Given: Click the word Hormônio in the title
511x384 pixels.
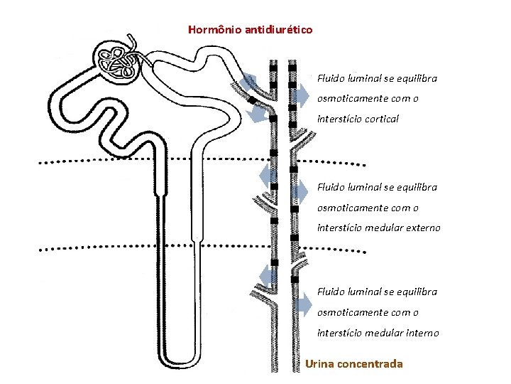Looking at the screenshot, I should (x=214, y=30).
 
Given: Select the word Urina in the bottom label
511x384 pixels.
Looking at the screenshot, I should (x=321, y=364).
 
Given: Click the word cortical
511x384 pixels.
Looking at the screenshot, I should (x=382, y=119).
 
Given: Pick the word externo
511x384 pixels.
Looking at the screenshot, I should (x=423, y=228).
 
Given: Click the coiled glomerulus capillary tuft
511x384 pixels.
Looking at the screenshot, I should (x=118, y=63).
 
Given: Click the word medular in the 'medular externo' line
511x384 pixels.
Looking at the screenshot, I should (x=387, y=228).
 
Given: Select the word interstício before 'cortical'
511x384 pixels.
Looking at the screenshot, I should (x=339, y=119).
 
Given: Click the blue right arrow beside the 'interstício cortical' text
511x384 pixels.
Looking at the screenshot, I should (x=301, y=92).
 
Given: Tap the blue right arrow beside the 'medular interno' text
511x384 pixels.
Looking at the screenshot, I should (x=304, y=306).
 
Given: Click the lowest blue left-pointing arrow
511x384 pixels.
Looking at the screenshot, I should (x=268, y=276).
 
